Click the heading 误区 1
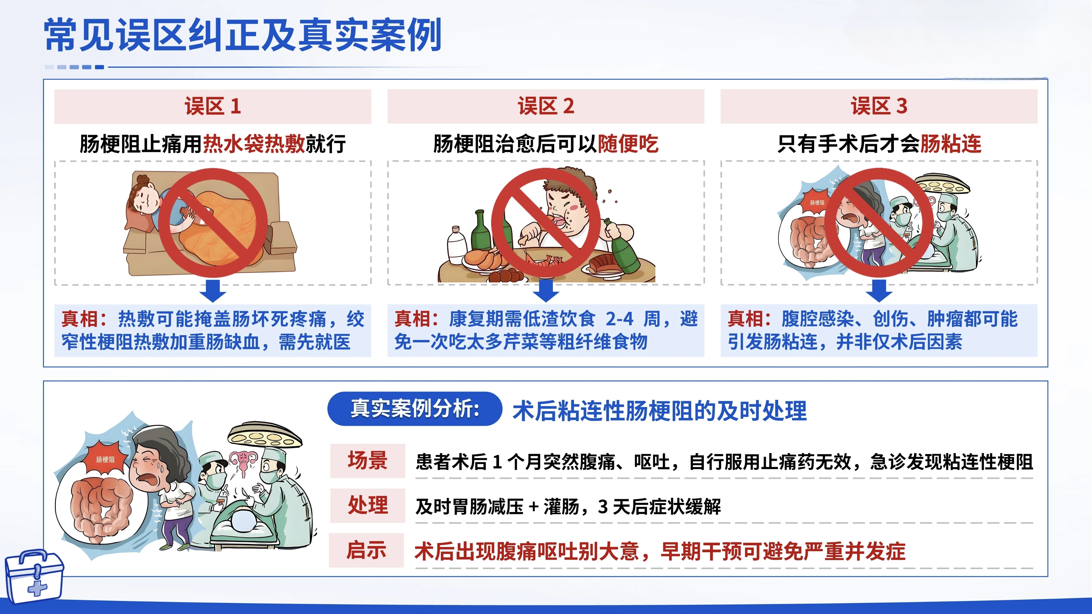click(213, 106)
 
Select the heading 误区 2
click(546, 106)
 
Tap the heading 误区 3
click(879, 106)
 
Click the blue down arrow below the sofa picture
click(213, 290)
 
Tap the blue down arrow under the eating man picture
click(546, 290)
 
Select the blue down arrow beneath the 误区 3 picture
click(879, 290)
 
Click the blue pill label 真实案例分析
click(415, 409)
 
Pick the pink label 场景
click(368, 461)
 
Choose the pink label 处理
click(368, 506)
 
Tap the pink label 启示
click(367, 550)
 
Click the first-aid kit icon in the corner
click(34, 576)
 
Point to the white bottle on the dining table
click(456, 246)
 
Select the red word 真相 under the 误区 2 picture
click(413, 319)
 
